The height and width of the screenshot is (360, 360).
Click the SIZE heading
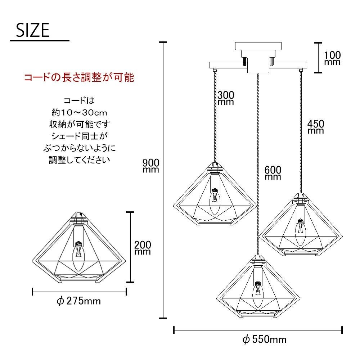click(33, 30)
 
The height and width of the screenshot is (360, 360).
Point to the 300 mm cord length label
click(226, 98)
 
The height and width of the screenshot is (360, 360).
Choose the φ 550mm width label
click(265, 339)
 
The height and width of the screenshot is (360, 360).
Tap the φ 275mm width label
click(78, 301)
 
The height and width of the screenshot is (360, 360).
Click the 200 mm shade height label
click(143, 248)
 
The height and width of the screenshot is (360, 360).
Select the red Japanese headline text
click(79, 77)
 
